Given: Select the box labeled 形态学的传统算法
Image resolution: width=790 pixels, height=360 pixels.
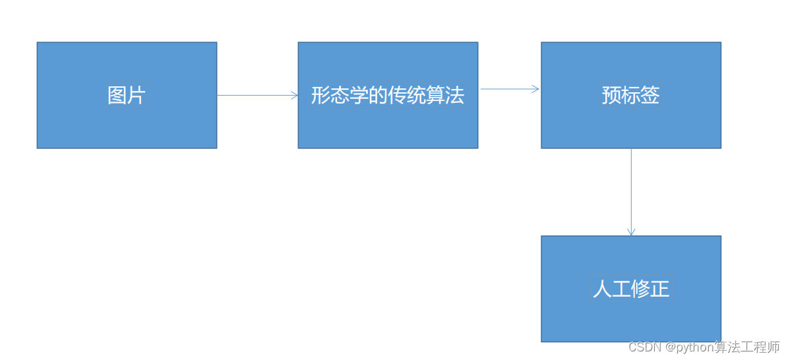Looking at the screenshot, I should click(388, 125).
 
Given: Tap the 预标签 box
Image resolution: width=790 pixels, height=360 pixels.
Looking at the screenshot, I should click(631, 125).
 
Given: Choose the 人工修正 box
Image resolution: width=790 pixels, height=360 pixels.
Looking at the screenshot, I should click(631, 316).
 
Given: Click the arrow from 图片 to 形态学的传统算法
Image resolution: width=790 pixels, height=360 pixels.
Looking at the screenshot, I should click(257, 95).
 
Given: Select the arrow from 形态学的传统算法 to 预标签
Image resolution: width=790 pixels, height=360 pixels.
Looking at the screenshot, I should click(509, 88).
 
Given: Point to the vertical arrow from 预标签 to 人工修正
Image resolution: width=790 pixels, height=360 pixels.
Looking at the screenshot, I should click(631, 191).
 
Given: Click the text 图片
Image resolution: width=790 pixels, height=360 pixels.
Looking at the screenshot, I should click(126, 96).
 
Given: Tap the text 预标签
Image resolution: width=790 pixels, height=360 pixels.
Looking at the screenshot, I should click(631, 96).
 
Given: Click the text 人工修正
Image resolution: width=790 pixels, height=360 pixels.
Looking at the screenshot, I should click(631, 289).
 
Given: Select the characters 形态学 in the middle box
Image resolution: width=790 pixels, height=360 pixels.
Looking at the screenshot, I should click(334, 96).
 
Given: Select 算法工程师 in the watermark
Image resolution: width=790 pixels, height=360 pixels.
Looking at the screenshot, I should click(747, 347).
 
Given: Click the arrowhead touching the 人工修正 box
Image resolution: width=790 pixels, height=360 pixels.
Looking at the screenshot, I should click(631, 231).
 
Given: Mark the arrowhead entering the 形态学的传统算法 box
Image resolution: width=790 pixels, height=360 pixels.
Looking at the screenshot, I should click(294, 95).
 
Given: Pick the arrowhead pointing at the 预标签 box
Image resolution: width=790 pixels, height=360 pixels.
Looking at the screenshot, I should click(536, 88).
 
